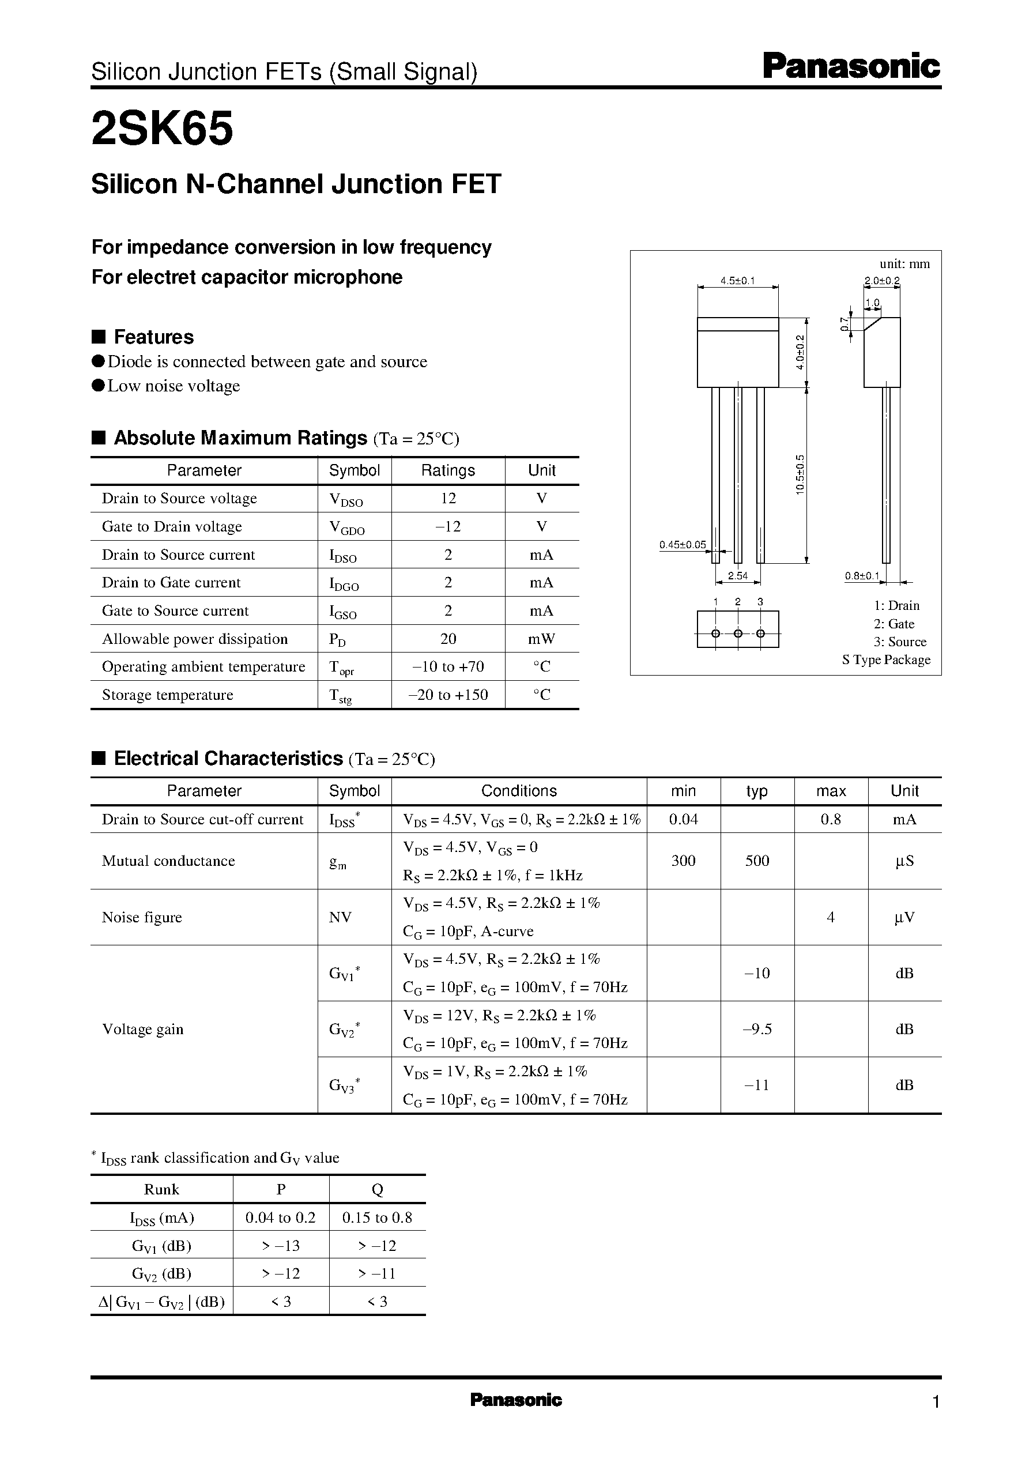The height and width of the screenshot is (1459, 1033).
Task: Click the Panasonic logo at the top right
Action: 850,67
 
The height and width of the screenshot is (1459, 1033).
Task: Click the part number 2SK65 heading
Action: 162,129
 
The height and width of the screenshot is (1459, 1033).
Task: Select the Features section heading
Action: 153,337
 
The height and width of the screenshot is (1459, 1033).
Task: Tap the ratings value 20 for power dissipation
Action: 448,639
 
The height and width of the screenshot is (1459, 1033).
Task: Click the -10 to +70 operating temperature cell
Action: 448,666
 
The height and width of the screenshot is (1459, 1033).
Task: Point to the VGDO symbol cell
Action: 346,527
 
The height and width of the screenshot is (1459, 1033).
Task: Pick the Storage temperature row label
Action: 167,695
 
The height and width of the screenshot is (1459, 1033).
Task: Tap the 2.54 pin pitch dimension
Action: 737,575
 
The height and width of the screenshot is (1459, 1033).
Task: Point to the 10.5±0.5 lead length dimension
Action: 800,474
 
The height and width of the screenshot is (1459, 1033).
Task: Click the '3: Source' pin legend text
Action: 899,642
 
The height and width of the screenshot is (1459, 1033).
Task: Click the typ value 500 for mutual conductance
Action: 757,861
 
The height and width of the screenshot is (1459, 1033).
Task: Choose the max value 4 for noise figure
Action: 830,917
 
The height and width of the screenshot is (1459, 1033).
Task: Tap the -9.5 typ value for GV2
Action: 757,1028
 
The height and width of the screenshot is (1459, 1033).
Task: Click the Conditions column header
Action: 518,790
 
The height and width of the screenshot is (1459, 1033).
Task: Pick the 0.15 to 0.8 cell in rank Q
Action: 376,1217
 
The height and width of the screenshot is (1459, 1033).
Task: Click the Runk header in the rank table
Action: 161,1189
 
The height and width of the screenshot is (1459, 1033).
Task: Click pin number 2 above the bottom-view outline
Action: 737,602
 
